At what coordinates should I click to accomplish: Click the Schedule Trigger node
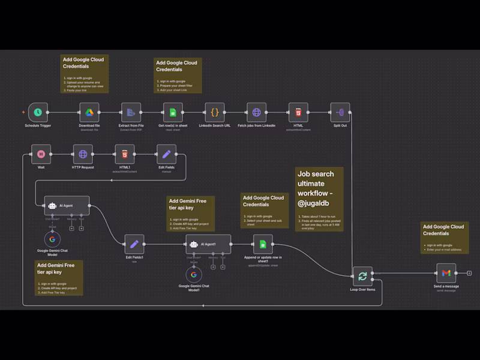coord(38,112)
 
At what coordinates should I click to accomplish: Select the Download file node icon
coord(89,112)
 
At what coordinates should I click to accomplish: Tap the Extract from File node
coord(130,112)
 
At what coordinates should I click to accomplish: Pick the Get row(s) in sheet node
coord(173,112)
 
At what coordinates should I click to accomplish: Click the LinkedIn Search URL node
coord(215,112)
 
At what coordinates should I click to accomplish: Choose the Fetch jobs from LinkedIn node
coord(257,112)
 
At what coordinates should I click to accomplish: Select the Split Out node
coord(340,112)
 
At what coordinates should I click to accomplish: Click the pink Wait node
coord(41,154)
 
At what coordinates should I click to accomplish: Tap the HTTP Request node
coord(83,154)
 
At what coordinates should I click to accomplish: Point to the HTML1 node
coord(125,154)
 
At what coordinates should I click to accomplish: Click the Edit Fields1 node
coord(134,244)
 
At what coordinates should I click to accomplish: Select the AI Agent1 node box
coord(208,244)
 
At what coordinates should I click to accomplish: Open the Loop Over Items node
coord(362,276)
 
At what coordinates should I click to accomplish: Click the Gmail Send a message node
coord(446,273)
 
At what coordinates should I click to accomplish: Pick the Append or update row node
coord(262,244)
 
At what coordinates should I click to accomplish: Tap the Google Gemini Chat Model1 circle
coord(193,275)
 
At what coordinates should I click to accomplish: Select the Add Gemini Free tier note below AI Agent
coord(59,277)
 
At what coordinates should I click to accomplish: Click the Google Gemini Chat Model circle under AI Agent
coord(52,238)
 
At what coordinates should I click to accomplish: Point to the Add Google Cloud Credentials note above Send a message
coord(444,238)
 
